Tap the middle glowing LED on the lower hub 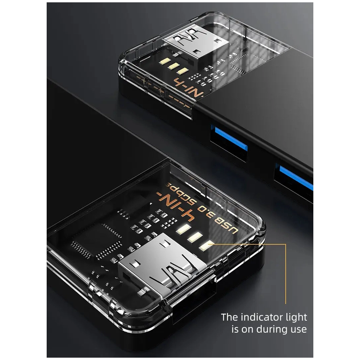pos(194,237)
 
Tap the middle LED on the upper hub pos(173,66)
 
